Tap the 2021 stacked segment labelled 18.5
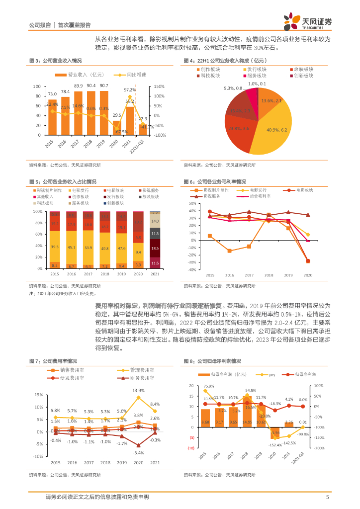[155, 248]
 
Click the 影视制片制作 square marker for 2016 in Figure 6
[229, 251]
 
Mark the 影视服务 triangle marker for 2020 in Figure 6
[308, 215]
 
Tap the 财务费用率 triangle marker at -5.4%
[138, 445]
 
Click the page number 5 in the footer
[327, 497]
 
